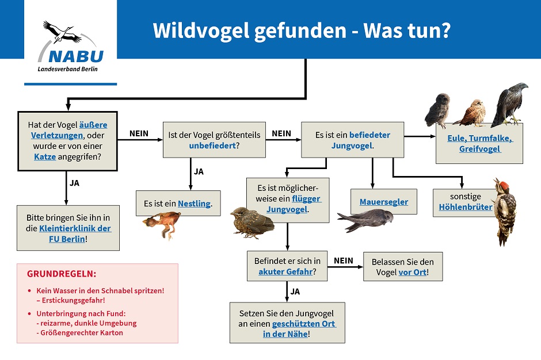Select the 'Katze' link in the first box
click(45, 156)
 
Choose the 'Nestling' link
click(194, 204)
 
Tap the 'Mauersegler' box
click(384, 202)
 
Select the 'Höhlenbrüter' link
click(466, 207)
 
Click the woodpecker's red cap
click(504, 186)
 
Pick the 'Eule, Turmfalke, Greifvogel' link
click(479, 144)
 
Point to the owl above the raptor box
click(438, 109)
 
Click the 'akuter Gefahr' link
click(285, 271)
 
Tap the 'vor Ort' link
click(413, 272)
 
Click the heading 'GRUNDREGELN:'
click(62, 274)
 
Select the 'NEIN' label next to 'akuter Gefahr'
click(344, 261)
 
